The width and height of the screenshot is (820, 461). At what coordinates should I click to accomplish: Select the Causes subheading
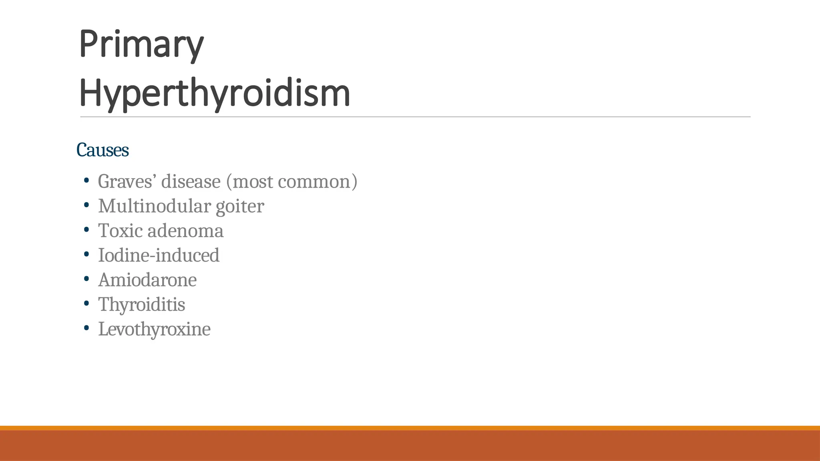click(x=102, y=150)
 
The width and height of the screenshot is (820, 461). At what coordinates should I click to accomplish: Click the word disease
click(x=191, y=182)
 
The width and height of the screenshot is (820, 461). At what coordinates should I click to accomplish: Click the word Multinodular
click(x=155, y=206)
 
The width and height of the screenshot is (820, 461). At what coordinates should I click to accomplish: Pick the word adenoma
click(x=185, y=231)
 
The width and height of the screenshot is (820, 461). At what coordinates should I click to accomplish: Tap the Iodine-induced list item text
click(x=159, y=255)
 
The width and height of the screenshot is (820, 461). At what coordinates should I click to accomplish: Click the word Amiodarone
click(x=147, y=280)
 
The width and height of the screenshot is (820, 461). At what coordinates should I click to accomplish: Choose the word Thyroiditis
click(x=142, y=305)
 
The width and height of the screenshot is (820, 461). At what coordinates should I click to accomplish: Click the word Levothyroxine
click(x=154, y=329)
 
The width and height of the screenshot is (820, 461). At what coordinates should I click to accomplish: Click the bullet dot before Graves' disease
click(x=86, y=181)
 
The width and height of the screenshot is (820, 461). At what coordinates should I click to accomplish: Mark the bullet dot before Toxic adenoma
click(x=86, y=230)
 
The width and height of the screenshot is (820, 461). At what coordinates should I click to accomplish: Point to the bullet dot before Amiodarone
click(x=86, y=279)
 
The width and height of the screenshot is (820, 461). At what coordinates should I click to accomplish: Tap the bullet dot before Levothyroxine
click(x=86, y=328)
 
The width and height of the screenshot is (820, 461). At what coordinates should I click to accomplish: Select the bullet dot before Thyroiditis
click(x=86, y=304)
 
